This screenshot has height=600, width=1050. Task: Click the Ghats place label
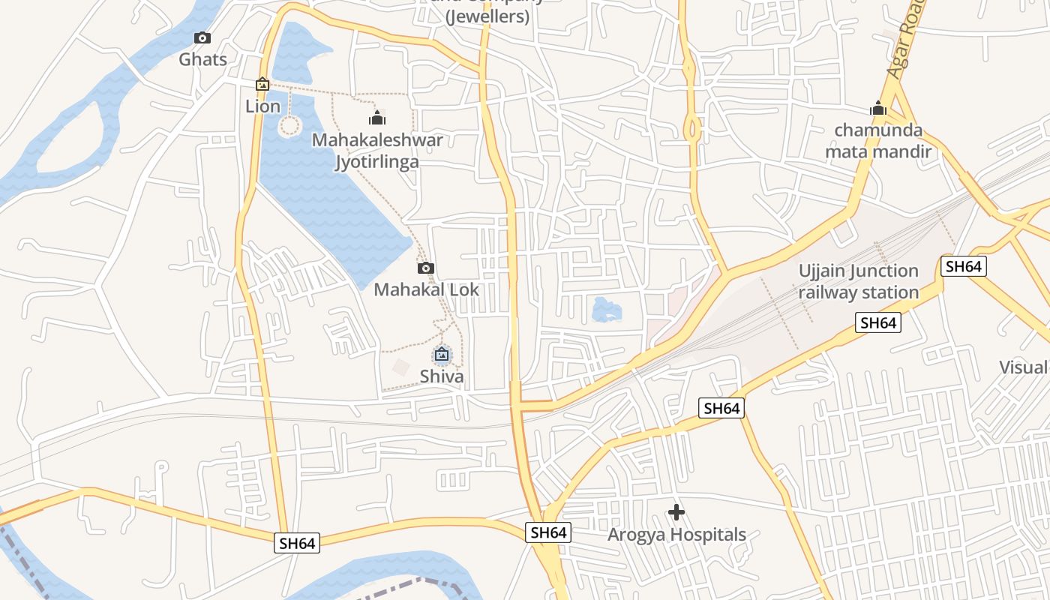[x=202, y=59]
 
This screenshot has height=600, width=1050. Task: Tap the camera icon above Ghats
[x=202, y=37]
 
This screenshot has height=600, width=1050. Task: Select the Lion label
[x=262, y=106]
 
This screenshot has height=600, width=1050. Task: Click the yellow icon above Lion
[x=262, y=85]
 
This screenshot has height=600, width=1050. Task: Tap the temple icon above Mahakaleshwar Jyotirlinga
[x=377, y=118]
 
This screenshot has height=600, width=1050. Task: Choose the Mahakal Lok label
[x=426, y=289]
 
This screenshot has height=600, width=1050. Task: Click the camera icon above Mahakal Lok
[x=426, y=268]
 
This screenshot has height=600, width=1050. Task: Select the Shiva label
[x=442, y=376]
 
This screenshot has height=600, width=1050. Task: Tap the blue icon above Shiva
[x=442, y=355]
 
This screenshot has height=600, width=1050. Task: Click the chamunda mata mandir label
[x=878, y=141]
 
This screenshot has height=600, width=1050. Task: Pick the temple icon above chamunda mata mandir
[x=878, y=109]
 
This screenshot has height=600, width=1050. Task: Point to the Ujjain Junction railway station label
[x=858, y=281]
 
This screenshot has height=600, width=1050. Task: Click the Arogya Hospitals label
[x=676, y=535]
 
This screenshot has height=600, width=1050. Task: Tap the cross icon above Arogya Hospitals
[x=676, y=512]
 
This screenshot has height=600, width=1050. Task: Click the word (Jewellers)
[x=487, y=16]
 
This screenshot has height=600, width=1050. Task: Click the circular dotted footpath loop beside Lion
[x=289, y=125]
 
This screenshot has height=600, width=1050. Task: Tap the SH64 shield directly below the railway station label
[x=878, y=323]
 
